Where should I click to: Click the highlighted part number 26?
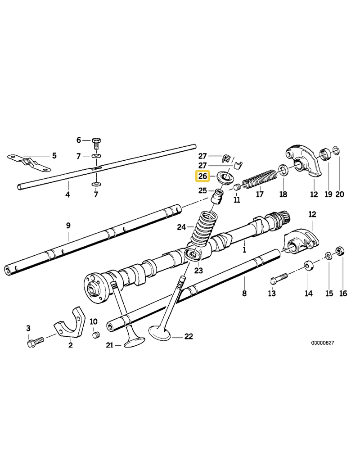coord(202,176)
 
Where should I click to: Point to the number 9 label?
coord(68,225)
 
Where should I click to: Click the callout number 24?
coord(181,227)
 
